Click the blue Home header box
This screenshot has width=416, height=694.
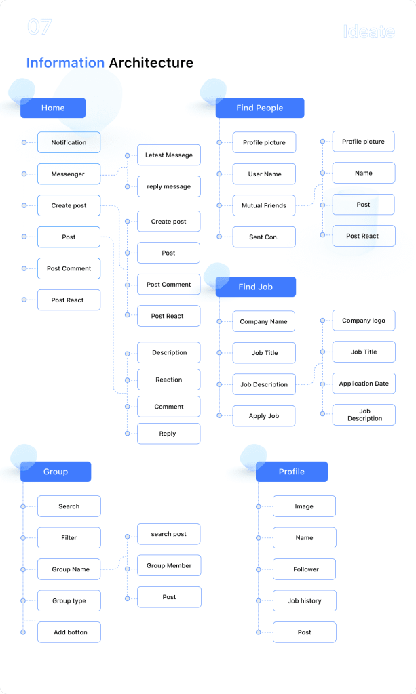(x=53, y=108)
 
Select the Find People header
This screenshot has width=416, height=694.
(x=260, y=108)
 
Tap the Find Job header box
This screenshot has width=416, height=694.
(x=256, y=287)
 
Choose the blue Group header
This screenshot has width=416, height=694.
(x=56, y=472)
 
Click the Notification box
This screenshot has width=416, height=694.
(x=69, y=142)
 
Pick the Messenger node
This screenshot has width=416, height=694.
(x=69, y=174)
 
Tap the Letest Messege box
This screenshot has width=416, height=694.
(x=169, y=155)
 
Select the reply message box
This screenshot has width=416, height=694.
(x=169, y=186)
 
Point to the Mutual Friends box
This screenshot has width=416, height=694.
(x=264, y=205)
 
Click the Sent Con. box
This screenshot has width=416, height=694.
(x=264, y=237)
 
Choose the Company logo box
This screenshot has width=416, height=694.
(x=364, y=321)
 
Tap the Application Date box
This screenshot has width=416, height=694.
(x=364, y=384)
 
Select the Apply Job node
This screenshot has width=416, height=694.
(x=264, y=416)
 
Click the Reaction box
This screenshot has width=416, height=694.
(x=169, y=380)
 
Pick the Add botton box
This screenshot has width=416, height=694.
(x=69, y=632)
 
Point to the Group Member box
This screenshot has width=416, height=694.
(x=169, y=565)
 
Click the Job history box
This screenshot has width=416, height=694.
(x=304, y=600)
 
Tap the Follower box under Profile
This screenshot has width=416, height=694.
(x=304, y=569)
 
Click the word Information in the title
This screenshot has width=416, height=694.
(x=65, y=63)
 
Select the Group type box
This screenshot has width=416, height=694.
(x=69, y=600)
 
